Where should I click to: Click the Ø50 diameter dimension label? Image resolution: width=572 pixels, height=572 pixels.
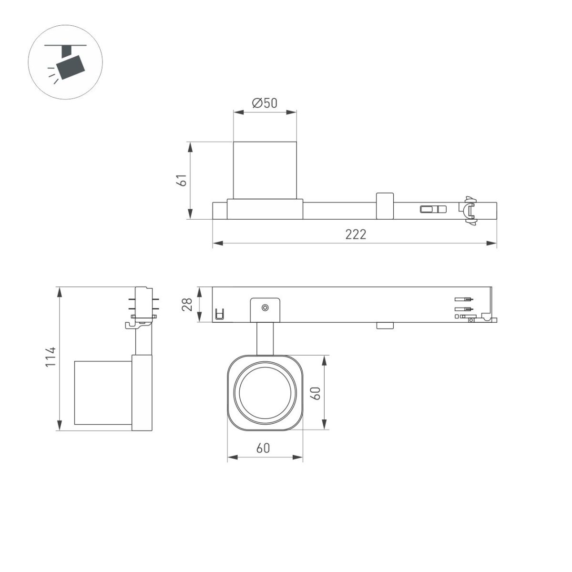pyautogui.click(x=265, y=103)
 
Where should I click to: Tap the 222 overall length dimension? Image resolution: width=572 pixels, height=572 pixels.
pyautogui.click(x=356, y=234)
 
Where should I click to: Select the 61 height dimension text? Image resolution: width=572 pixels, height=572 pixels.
pyautogui.click(x=181, y=181)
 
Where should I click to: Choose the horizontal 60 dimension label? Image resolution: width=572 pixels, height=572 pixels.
pyautogui.click(x=263, y=448)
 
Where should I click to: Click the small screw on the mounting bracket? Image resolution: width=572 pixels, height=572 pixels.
pyautogui.click(x=265, y=308)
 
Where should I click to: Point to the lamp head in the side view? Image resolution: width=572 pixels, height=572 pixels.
pyautogui.click(x=103, y=392)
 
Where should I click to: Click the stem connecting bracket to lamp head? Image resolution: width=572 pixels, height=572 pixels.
pyautogui.click(x=265, y=338)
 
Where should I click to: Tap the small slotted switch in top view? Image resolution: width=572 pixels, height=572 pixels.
pyautogui.click(x=433, y=209)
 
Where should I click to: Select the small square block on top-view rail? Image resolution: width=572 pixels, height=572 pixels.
pyautogui.click(x=385, y=205)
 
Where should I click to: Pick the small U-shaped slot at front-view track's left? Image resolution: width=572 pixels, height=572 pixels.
pyautogui.click(x=219, y=314)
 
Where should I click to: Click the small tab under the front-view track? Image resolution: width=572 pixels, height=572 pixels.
pyautogui.click(x=385, y=326)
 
